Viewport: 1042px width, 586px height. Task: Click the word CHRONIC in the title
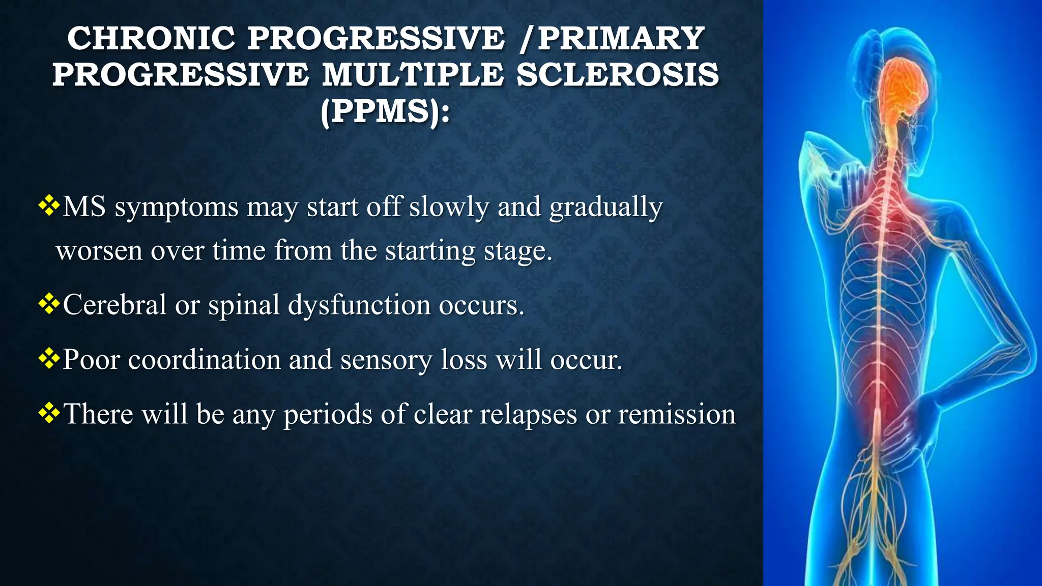pyautogui.click(x=151, y=38)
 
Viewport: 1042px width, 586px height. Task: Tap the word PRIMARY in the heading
pyautogui.click(x=621, y=38)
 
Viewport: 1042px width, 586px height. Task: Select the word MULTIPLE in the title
pyautogui.click(x=413, y=74)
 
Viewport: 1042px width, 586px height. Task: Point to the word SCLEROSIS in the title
pyautogui.click(x=618, y=74)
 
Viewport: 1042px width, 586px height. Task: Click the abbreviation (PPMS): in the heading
pyautogui.click(x=385, y=111)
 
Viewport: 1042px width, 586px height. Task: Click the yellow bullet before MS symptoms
pyautogui.click(x=49, y=206)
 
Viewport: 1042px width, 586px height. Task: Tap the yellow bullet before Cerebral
pyautogui.click(x=49, y=304)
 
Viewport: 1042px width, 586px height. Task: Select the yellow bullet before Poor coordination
pyautogui.click(x=49, y=359)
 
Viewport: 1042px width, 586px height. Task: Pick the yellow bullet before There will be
pyautogui.click(x=49, y=413)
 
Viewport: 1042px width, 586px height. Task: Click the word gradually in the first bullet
pyautogui.click(x=606, y=208)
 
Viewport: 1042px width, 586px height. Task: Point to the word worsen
pyautogui.click(x=99, y=251)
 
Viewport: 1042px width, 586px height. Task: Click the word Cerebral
pyautogui.click(x=114, y=305)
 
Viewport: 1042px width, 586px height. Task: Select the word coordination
pyautogui.click(x=204, y=360)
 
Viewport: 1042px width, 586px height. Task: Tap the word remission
pyautogui.click(x=677, y=414)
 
